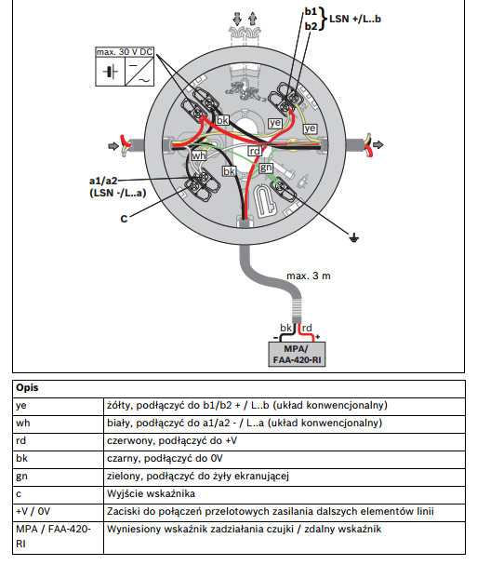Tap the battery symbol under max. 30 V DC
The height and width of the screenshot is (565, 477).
[112, 73]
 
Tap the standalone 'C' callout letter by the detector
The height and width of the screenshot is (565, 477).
[124, 218]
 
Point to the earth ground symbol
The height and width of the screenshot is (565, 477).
[353, 238]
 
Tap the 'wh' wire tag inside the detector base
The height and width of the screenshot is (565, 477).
[199, 155]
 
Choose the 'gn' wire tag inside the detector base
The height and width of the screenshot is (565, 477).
[266, 167]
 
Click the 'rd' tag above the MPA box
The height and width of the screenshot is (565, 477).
[302, 329]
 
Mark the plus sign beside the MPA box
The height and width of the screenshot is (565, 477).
[317, 336]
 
